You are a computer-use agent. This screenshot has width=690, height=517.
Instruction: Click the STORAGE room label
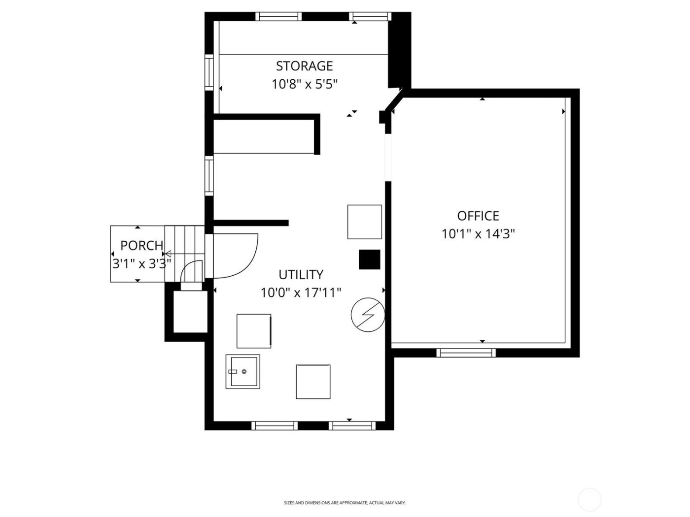pos(304,66)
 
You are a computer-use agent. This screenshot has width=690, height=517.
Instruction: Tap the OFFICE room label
pos(478,216)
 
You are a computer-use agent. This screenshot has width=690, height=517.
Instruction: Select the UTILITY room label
pos(301,274)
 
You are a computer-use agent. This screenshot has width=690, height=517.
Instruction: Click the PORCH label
pos(141,245)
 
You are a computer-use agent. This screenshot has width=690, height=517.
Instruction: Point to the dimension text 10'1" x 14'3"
pos(478,234)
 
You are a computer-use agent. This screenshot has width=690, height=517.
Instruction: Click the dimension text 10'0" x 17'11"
pos(301,293)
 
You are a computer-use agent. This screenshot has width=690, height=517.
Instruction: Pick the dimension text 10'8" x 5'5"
pos(304,84)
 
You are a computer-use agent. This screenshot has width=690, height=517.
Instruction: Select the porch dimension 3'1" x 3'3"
pos(141,263)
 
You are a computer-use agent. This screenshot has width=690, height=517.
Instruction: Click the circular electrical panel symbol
pos(368,314)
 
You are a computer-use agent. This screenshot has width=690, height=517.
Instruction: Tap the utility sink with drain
pos(242,371)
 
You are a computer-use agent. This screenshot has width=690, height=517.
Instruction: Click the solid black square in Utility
pos(369,259)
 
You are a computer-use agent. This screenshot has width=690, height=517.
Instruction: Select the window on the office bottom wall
pos(466,352)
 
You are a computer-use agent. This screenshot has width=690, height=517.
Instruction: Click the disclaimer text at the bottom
pos(345,503)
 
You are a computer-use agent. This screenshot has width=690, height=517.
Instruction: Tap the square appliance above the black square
pos(364,222)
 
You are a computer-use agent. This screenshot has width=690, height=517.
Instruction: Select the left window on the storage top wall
pos(278,16)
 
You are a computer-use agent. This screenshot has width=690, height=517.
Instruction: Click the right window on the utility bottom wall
pos(352,425)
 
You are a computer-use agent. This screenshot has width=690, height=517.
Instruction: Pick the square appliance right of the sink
pos(313,382)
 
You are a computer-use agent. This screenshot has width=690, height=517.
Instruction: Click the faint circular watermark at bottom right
pos(589,499)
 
